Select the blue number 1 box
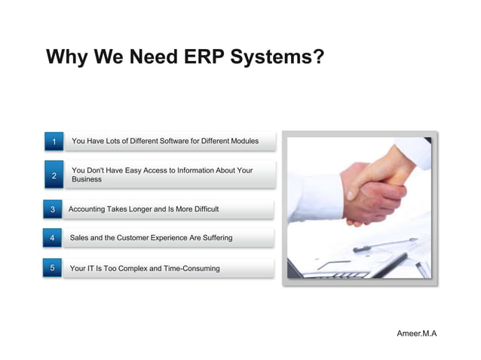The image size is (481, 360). [x=53, y=142]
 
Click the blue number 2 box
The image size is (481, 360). [x=53, y=175]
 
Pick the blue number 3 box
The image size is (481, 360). [x=52, y=209]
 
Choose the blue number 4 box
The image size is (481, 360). [x=52, y=239]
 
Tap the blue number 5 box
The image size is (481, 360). [x=52, y=268]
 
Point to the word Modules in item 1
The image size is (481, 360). [x=243, y=141]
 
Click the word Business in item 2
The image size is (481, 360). [x=87, y=180]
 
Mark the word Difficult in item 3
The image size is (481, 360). [x=202, y=209]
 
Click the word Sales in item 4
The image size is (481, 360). [x=80, y=238]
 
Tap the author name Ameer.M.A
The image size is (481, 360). [x=416, y=333]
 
